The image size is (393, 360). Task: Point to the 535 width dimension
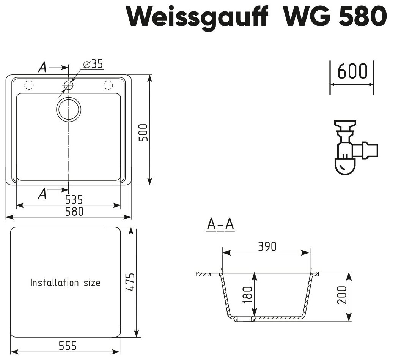tap(74, 199)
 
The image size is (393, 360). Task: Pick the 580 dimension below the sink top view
tap(74, 211)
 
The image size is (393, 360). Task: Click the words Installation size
tap(65, 283)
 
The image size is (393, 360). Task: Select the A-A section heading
tap(220, 225)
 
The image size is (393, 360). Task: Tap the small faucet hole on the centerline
tap(68, 85)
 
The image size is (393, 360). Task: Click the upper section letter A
tap(43, 68)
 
